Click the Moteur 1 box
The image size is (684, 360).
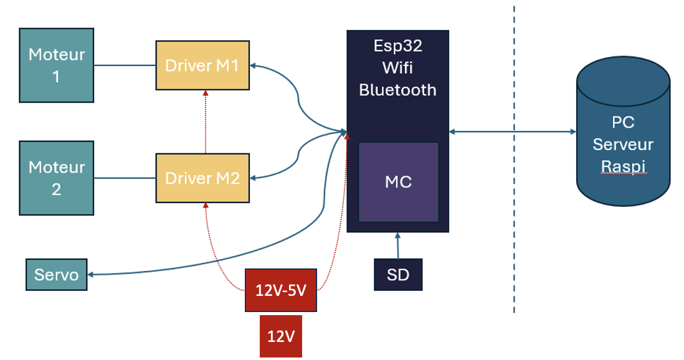point(56,65)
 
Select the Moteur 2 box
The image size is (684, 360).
point(56,178)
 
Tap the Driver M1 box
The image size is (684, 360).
point(202,65)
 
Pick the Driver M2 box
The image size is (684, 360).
point(202,178)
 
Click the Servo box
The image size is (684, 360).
point(56,275)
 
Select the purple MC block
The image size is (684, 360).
point(398,182)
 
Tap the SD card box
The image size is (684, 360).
point(398,275)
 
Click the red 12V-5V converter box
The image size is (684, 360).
point(281,290)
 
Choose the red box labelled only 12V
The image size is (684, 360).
point(281,336)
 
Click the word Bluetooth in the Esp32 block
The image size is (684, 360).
point(397,90)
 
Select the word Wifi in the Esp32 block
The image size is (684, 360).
point(397,68)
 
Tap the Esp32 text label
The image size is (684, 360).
point(397,46)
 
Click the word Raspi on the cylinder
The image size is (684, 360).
point(623,166)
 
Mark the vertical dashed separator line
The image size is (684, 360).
point(514,237)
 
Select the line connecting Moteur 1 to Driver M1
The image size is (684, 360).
point(124,65)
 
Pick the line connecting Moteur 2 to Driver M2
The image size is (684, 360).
point(124,179)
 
